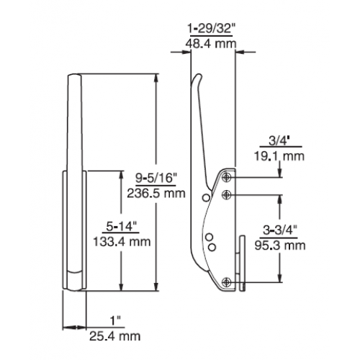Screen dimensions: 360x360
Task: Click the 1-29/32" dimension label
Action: click(x=210, y=29)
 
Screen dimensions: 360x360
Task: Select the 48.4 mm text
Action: click(x=211, y=44)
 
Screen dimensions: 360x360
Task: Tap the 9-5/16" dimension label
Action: click(x=156, y=179)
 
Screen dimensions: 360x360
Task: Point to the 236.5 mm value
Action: click(x=156, y=193)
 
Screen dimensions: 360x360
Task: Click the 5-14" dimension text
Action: click(x=121, y=226)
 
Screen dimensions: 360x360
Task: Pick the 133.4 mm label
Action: click(x=122, y=242)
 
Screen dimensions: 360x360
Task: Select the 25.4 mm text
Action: click(x=115, y=336)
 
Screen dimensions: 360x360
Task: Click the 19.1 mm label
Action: click(x=279, y=156)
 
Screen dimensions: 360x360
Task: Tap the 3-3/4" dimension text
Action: click(x=280, y=230)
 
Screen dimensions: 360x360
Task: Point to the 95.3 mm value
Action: click(x=280, y=246)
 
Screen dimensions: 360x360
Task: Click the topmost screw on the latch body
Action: click(x=227, y=177)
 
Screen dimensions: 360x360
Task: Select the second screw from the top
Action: click(x=227, y=194)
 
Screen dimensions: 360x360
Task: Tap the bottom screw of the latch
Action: click(x=227, y=282)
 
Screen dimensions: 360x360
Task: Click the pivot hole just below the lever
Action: click(x=206, y=197)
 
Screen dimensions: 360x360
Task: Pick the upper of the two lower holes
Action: click(x=210, y=237)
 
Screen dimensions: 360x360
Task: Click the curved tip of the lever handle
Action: click(x=197, y=76)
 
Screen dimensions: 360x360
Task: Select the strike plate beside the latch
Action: click(x=242, y=263)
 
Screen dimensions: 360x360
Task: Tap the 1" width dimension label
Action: click(x=115, y=321)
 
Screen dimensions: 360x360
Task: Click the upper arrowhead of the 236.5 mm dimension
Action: click(x=156, y=78)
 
